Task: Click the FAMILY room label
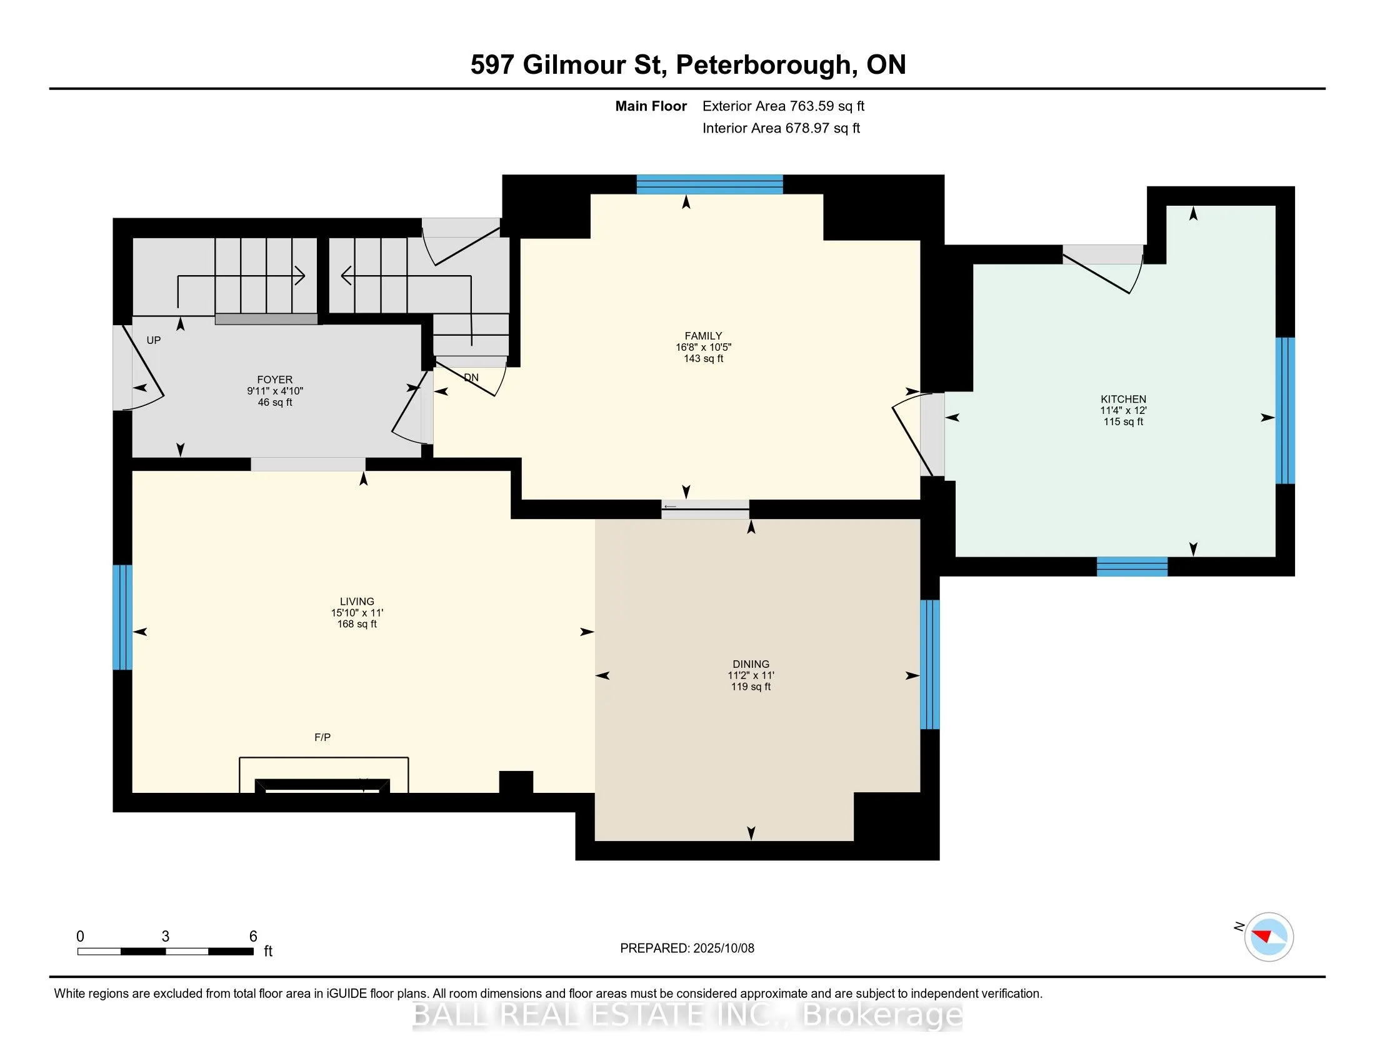click(703, 336)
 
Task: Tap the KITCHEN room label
click(1123, 399)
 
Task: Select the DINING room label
click(751, 663)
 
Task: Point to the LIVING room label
click(357, 602)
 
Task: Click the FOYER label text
click(274, 380)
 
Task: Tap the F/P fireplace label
click(322, 737)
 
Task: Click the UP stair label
click(154, 340)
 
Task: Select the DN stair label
click(471, 377)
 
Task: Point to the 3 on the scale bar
click(166, 936)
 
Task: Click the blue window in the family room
click(709, 184)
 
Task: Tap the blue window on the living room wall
click(122, 617)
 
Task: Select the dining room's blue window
click(930, 664)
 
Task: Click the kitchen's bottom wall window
click(1132, 567)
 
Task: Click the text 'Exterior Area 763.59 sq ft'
click(783, 106)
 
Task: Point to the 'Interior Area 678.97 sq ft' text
click(781, 128)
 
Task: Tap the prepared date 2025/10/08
click(723, 948)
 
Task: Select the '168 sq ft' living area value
click(357, 624)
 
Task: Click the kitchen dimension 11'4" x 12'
click(1123, 410)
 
